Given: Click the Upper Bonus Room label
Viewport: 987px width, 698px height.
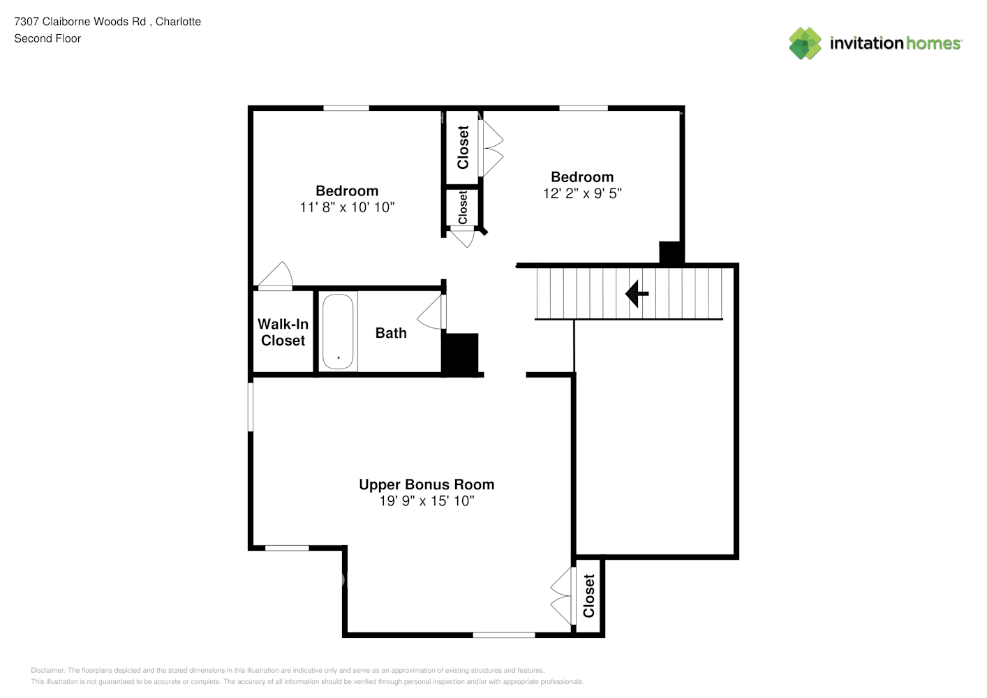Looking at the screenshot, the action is (x=426, y=484).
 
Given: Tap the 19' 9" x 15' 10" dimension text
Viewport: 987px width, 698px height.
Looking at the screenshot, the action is (x=426, y=501).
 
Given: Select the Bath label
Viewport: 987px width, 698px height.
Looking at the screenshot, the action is (x=391, y=333).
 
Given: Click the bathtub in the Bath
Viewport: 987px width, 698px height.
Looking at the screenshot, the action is (x=338, y=332).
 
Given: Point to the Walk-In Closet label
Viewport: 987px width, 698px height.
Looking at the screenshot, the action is (x=283, y=332).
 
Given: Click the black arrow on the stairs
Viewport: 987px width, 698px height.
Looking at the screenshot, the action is (x=637, y=293).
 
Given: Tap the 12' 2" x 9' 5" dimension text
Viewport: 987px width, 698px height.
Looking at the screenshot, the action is (x=582, y=193).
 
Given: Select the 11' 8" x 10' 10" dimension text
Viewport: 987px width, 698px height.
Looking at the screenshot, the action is (x=347, y=207).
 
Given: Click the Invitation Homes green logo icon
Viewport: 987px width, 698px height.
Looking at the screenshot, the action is (x=805, y=43).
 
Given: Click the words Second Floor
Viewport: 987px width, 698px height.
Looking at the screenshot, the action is (x=47, y=38).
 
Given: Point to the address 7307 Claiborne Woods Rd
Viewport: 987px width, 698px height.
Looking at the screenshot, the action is (x=80, y=22).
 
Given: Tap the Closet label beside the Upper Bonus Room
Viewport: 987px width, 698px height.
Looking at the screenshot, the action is (x=588, y=596).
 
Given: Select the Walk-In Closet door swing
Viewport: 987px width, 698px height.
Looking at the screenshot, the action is (x=276, y=276).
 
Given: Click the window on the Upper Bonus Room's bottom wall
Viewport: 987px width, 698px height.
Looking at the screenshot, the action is (x=504, y=635).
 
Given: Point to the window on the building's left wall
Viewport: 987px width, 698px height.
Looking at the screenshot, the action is (x=251, y=407).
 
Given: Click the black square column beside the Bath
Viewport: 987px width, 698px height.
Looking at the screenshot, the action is (x=460, y=355).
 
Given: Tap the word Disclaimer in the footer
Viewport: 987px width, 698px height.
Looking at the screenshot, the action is (x=47, y=670).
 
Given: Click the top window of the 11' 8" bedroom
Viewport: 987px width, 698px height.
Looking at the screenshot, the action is (x=346, y=108).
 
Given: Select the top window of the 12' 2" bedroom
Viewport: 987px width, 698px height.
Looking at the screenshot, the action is (x=584, y=108).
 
